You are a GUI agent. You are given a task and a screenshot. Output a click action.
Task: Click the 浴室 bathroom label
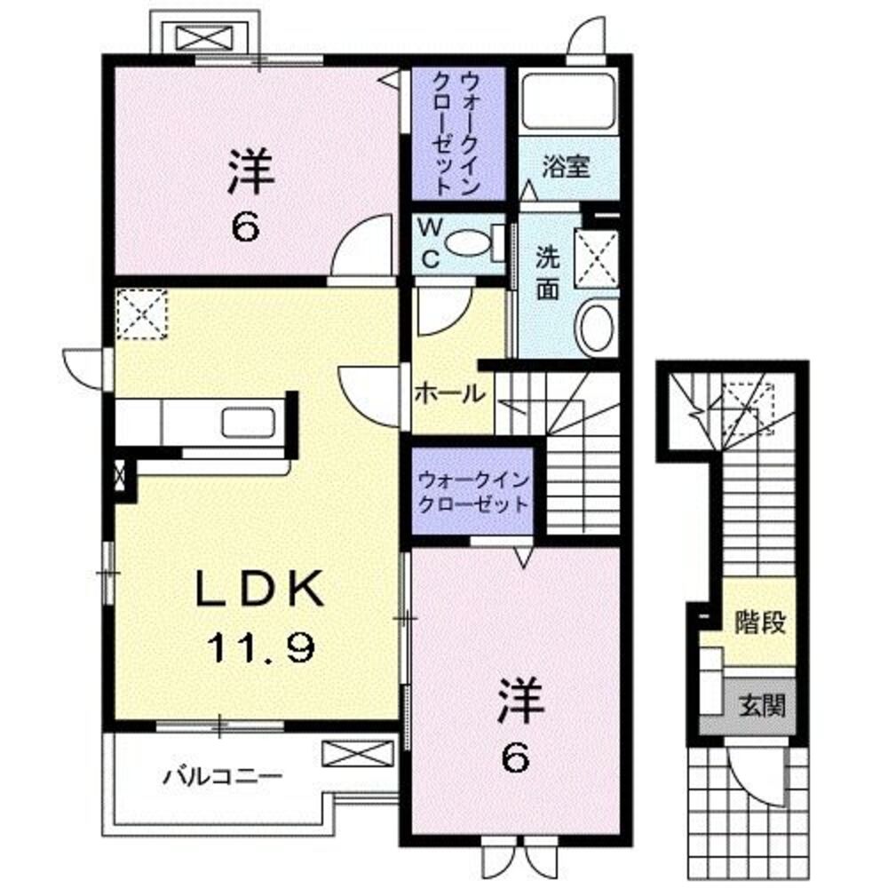[x=567, y=167]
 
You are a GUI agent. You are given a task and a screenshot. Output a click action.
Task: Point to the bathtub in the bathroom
[x=568, y=101]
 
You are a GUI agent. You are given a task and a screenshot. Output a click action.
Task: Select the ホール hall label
[x=449, y=392]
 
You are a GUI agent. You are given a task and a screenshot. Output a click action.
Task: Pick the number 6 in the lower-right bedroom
[x=518, y=759]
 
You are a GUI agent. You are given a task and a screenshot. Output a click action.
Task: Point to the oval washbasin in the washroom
[x=597, y=326]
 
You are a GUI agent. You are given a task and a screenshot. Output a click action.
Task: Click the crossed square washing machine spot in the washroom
[x=596, y=258]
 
